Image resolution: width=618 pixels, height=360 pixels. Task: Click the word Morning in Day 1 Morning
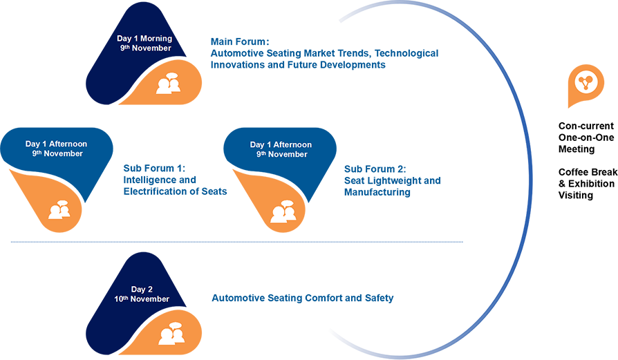point(154,39)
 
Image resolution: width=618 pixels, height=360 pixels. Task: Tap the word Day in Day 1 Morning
point(122,39)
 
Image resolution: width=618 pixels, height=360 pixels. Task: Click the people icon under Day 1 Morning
point(168,84)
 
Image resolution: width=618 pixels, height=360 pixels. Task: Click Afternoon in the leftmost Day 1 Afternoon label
point(66,144)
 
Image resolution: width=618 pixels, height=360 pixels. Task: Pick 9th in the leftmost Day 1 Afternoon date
point(37,153)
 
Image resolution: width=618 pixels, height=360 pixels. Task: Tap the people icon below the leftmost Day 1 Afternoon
point(59,210)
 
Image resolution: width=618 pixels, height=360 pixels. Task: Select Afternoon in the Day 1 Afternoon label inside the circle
point(291,144)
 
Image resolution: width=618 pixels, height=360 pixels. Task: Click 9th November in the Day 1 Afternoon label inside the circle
point(281,154)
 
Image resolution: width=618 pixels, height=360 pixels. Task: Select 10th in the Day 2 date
point(122,299)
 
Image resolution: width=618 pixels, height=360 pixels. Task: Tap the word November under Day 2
point(151,299)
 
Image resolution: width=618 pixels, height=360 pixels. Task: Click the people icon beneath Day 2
point(170,334)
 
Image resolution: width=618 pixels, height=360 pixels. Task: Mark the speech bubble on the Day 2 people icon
point(175,326)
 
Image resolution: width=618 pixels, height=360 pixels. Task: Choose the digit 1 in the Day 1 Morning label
point(135,39)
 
